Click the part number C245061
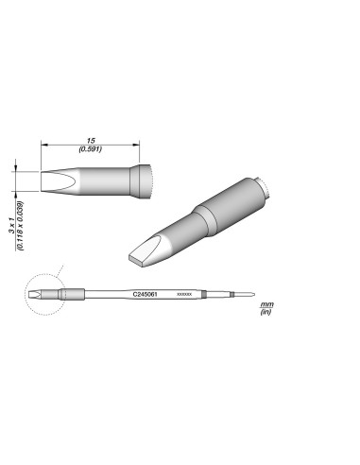tap(146, 296)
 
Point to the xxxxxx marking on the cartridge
tap(185, 296)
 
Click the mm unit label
tap(266, 305)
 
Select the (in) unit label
tap(266, 313)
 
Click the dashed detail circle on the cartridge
tap(40, 296)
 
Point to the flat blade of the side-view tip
tap(59, 181)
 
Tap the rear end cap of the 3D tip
tap(266, 188)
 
